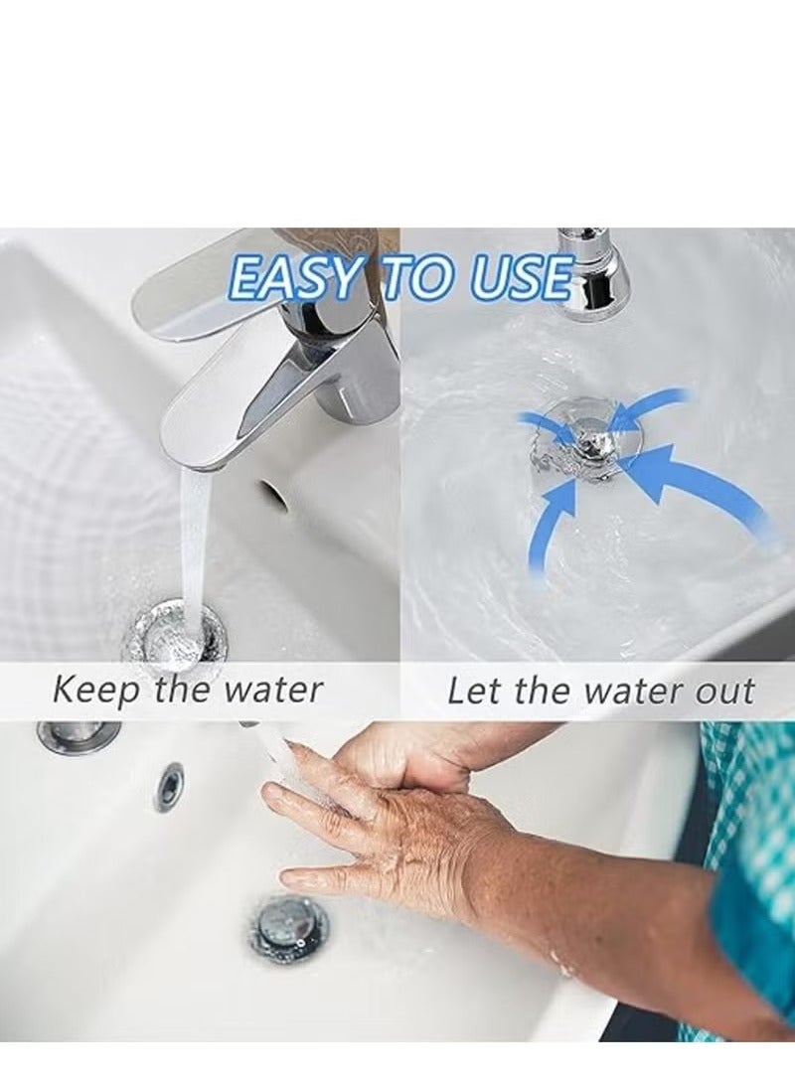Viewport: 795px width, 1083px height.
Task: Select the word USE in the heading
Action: click(x=522, y=278)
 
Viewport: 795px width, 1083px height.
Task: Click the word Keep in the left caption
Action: click(x=96, y=691)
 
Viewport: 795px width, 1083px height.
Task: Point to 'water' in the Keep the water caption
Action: click(x=275, y=690)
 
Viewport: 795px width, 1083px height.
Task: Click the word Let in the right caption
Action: click(x=471, y=691)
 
